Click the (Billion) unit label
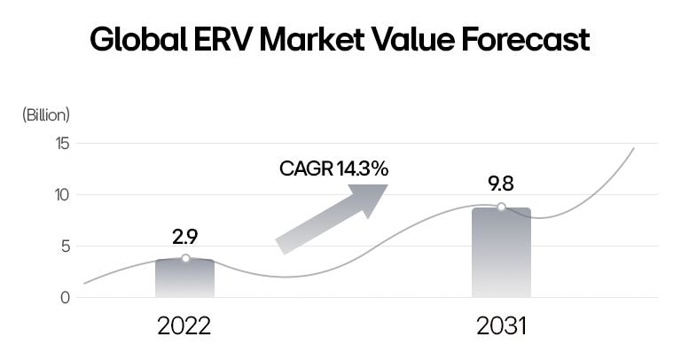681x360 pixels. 45,114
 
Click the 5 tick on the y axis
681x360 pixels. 64,247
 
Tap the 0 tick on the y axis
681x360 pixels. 64,298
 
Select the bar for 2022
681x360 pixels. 184,279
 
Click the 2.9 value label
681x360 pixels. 184,237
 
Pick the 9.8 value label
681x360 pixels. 501,184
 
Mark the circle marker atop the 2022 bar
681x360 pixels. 185,258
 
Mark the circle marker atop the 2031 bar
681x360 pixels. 501,207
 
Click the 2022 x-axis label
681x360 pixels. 184,326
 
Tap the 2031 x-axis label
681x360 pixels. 501,326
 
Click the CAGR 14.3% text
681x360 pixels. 333,168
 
